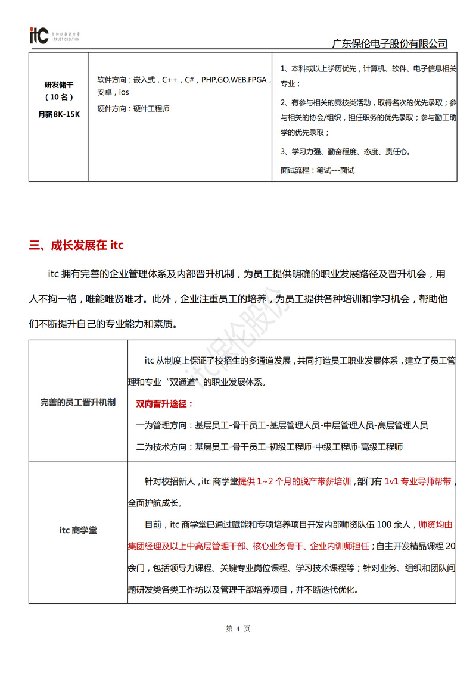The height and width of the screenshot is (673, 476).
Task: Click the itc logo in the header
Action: (39, 35)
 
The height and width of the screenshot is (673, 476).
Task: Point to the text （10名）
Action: (58, 97)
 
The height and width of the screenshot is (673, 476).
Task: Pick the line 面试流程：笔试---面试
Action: (317, 170)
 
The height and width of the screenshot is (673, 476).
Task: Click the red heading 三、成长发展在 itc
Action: (76, 245)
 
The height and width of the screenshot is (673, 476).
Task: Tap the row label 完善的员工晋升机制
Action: (78, 402)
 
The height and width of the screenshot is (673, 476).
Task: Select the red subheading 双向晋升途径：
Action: (165, 404)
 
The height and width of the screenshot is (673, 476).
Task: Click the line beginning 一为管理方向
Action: (282, 425)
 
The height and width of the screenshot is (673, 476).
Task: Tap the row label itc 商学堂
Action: (78, 530)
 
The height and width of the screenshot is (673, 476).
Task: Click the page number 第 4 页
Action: (238, 628)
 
